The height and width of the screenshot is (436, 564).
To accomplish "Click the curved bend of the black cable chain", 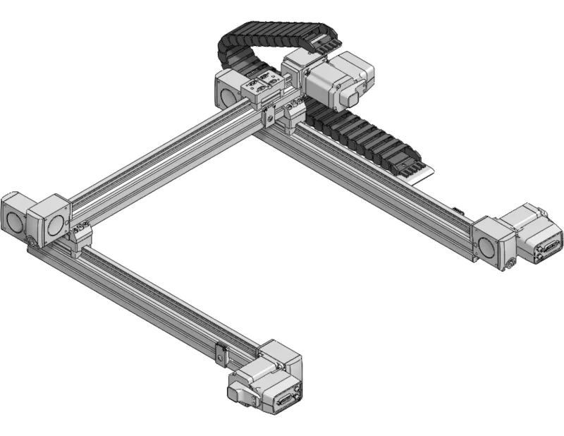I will click(x=236, y=39).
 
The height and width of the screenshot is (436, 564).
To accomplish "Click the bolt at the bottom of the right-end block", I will click(x=510, y=265).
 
